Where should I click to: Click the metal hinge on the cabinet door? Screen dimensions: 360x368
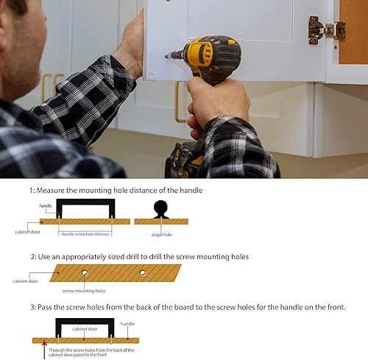click(326, 29)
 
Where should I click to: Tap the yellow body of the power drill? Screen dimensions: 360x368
click(207, 55)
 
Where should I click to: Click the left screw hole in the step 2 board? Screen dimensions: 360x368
click(85, 273)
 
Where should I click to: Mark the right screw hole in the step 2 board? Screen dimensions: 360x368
click(143, 273)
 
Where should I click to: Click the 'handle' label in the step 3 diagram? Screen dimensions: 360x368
click(127, 323)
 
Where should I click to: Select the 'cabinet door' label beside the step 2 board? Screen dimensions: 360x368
click(24, 280)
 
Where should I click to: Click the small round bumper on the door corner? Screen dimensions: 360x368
click(152, 75)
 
